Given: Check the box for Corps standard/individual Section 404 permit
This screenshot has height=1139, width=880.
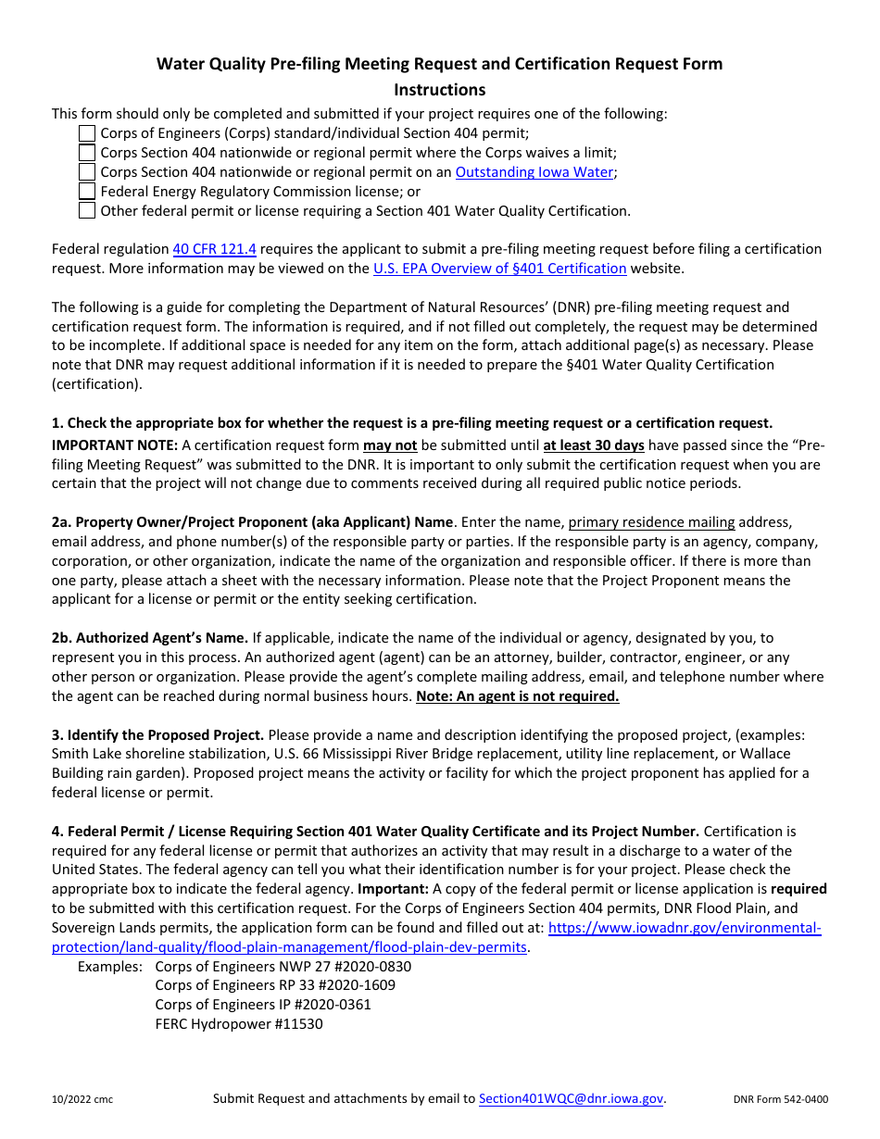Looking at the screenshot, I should [x=86, y=133].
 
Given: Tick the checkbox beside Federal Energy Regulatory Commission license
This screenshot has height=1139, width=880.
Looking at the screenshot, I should [x=86, y=192].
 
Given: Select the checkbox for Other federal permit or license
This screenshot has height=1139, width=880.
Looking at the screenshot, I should [x=86, y=210].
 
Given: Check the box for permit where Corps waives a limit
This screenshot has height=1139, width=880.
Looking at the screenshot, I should [x=86, y=153].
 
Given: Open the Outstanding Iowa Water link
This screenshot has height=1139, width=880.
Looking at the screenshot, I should [x=534, y=172].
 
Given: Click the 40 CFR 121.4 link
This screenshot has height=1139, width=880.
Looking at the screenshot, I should [x=214, y=249].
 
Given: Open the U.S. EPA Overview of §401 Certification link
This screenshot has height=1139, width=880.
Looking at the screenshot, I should [x=499, y=269].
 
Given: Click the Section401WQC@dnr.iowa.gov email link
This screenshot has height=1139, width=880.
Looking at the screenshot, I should [x=571, y=1098].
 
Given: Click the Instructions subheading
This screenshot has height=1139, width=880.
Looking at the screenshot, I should [x=439, y=90].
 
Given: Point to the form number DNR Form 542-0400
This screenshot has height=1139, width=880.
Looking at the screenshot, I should [x=780, y=1100].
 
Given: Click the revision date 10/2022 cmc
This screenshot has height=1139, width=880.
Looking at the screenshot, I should [x=82, y=1100].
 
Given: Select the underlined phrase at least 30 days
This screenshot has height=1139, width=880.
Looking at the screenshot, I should [x=594, y=445].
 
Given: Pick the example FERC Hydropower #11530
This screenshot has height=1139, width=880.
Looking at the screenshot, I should [x=239, y=1024].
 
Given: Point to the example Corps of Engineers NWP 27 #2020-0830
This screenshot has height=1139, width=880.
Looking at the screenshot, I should [x=283, y=967].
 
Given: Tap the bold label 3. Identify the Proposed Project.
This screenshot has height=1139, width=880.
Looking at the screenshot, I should [x=157, y=735].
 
